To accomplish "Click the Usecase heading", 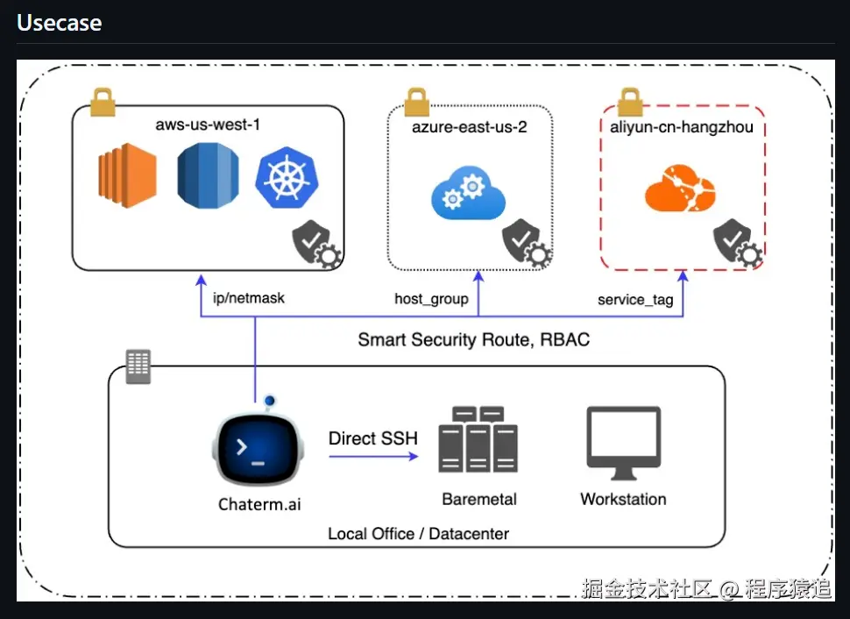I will tap(60, 23).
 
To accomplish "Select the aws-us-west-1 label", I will tap(208, 125).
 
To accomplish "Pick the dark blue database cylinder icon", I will tap(208, 175).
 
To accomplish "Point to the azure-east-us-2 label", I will tap(470, 127).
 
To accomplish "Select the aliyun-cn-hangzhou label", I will tap(682, 127).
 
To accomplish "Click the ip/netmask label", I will tap(249, 298).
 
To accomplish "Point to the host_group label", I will tap(431, 299).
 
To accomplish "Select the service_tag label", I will tap(635, 300).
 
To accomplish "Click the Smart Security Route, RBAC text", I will tap(473, 339).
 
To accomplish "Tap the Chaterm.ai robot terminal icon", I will tap(259, 448).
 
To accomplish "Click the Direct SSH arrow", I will tap(373, 456).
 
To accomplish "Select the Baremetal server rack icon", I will tap(479, 440).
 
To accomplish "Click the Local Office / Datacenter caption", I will tap(418, 533).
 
